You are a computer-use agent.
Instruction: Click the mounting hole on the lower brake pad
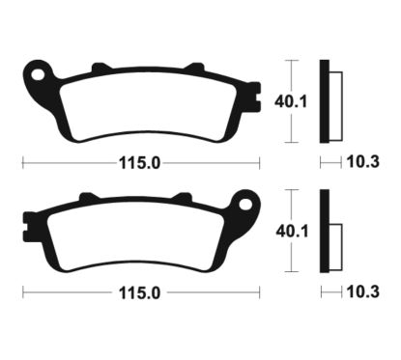pos(246,206)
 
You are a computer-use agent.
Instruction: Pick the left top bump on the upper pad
pos(98,69)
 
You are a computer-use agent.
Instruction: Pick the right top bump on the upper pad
pos(193,69)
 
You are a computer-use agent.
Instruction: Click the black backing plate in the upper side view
pos(325,100)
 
